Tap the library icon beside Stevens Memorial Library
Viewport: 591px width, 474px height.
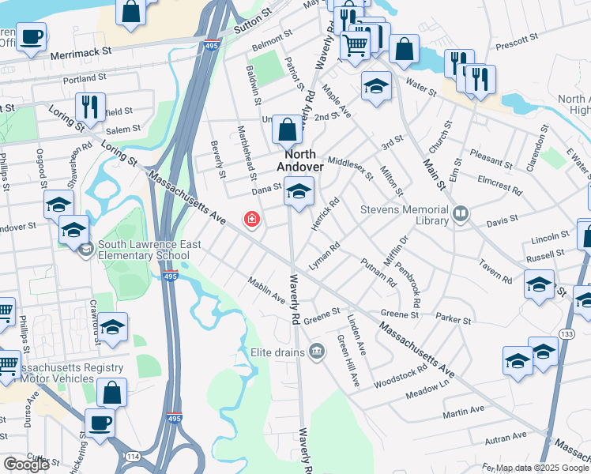point(460,213)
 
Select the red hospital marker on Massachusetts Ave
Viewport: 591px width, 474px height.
point(252,219)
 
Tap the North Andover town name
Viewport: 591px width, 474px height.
point(299,161)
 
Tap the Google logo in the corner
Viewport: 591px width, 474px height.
point(26,465)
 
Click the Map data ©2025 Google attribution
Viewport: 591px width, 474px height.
point(542,468)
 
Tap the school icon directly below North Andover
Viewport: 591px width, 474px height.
point(299,192)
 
